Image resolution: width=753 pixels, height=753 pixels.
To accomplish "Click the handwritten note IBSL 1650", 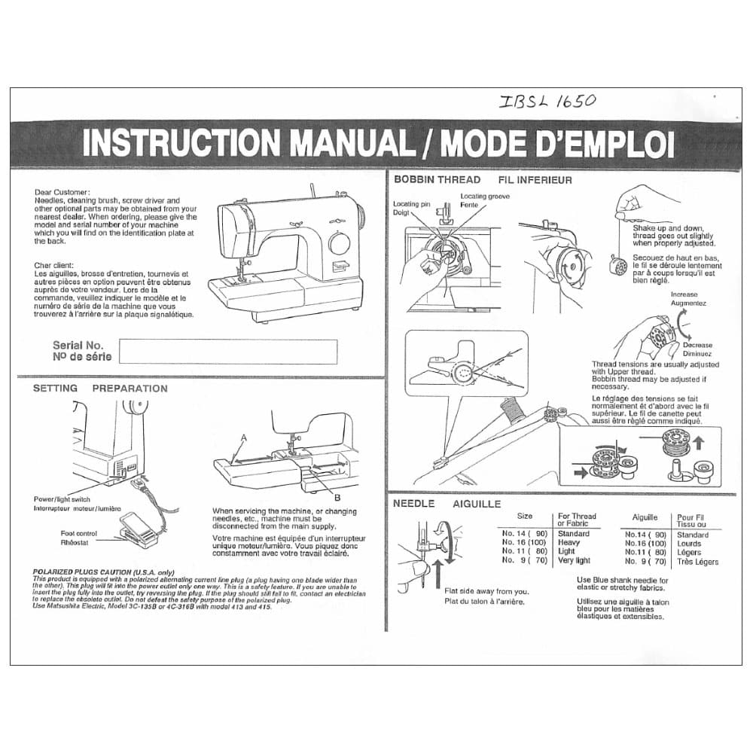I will coord(547,102).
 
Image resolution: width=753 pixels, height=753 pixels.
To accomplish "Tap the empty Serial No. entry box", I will coord(227,351).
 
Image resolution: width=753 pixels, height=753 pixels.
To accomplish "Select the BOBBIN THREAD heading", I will coord(437,180).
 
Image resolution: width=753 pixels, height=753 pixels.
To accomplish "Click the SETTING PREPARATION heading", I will coord(100,389).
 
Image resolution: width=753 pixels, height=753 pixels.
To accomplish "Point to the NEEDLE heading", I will coord(413,503).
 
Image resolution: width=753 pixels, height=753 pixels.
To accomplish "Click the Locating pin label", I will coord(411,204).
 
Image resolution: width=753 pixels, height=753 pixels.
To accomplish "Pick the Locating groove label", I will coord(484,197).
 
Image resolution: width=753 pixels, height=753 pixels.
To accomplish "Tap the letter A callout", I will coord(244,437).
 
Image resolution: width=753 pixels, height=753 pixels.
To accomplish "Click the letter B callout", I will coord(337,497).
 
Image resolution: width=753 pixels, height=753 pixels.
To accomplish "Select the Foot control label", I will coord(79,533).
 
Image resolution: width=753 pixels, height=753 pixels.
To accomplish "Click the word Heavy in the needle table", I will coord(569,542).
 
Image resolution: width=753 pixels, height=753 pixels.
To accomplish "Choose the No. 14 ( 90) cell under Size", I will coord(525,533).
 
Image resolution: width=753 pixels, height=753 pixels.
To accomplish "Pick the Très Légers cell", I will coord(697,562).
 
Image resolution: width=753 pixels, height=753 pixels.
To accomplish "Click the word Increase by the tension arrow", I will coord(684,294).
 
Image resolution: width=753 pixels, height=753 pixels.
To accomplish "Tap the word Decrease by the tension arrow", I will coord(697,345).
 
